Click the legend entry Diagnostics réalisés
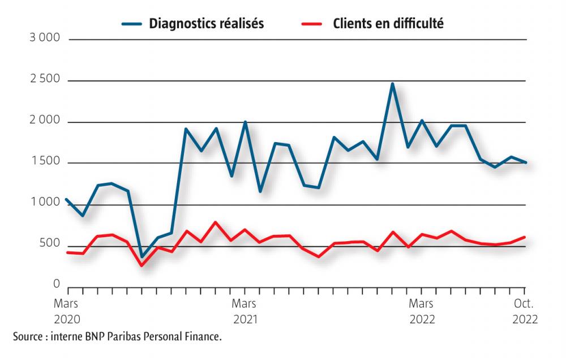click(x=206, y=24)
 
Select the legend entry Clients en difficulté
click(x=388, y=24)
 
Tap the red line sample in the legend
click(x=310, y=24)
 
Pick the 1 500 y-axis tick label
click(x=44, y=162)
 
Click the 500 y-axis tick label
click(x=49, y=244)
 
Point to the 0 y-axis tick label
click(x=56, y=285)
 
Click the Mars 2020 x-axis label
click(x=67, y=311)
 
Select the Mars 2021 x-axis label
click(x=244, y=311)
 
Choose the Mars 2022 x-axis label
click(x=422, y=311)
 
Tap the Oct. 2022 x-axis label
click(x=525, y=311)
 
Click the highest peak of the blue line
click(x=392, y=84)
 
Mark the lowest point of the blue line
click(x=142, y=256)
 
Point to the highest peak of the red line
click(x=215, y=222)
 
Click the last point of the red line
click(x=525, y=237)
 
